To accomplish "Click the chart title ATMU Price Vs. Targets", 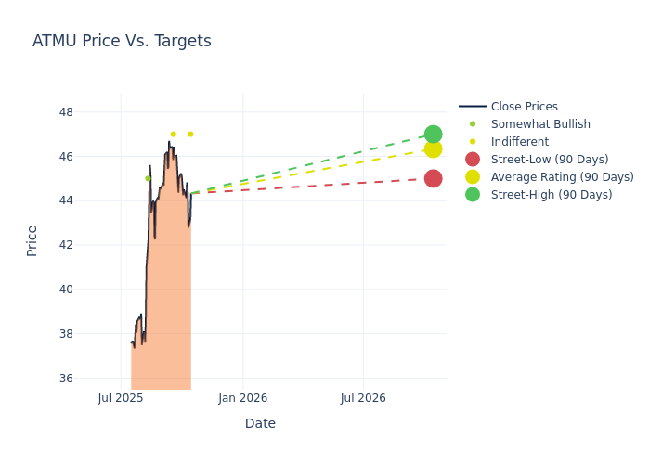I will pyautogui.click(x=122, y=41).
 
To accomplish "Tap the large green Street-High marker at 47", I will pyautogui.click(x=433, y=134).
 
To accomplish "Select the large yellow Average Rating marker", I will pyautogui.click(x=433, y=148).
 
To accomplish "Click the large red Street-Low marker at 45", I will pyautogui.click(x=433, y=178).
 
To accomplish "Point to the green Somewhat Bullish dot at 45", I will pyautogui.click(x=148, y=178).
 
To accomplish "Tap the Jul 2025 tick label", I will pyautogui.click(x=121, y=398).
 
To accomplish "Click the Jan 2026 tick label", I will pyautogui.click(x=243, y=398).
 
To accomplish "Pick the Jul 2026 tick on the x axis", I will pyautogui.click(x=363, y=398).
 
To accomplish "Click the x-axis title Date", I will pyautogui.click(x=260, y=423).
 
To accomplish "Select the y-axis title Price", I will pyautogui.click(x=32, y=240).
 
